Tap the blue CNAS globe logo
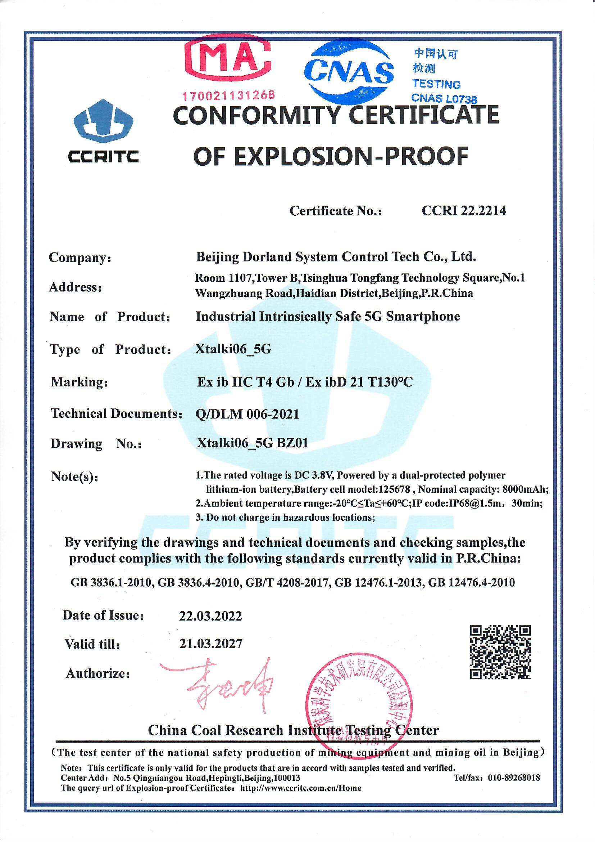pyautogui.click(x=349, y=72)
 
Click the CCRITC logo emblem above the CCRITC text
pyautogui.click(x=103, y=122)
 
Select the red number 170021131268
pyautogui.click(x=229, y=95)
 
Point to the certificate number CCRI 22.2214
pyautogui.click(x=464, y=210)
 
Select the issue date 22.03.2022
pyautogui.click(x=210, y=616)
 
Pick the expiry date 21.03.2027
pyautogui.click(x=211, y=644)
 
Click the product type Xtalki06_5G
pyautogui.click(x=233, y=349)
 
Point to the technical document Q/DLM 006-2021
pyautogui.click(x=247, y=414)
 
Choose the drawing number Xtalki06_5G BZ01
pyautogui.click(x=253, y=443)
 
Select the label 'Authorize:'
pyautogui.click(x=98, y=673)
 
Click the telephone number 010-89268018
pyautogui.click(x=514, y=778)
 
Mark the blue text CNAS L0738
pyautogui.click(x=444, y=98)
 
